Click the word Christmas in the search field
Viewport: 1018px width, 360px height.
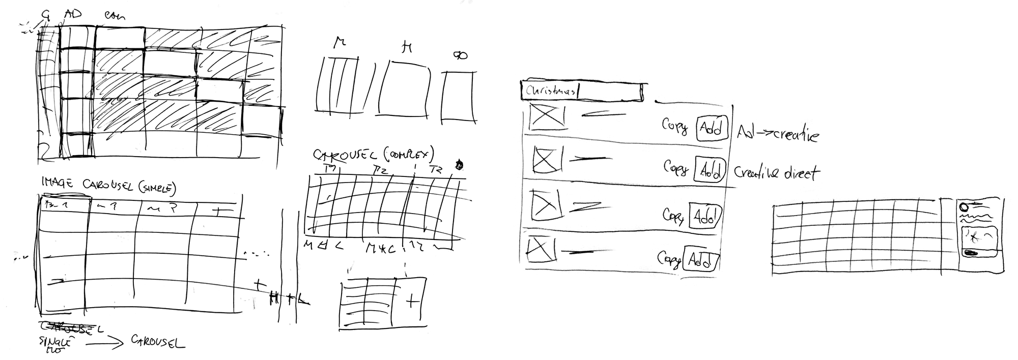(551, 92)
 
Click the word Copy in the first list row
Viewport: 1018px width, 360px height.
(674, 126)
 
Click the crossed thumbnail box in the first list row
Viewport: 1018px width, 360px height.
(547, 116)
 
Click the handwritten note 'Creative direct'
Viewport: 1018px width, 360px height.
(776, 173)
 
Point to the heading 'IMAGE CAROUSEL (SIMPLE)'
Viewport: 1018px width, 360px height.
(108, 187)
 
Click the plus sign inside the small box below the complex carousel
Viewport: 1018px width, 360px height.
(412, 303)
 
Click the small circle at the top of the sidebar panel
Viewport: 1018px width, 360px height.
(963, 207)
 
